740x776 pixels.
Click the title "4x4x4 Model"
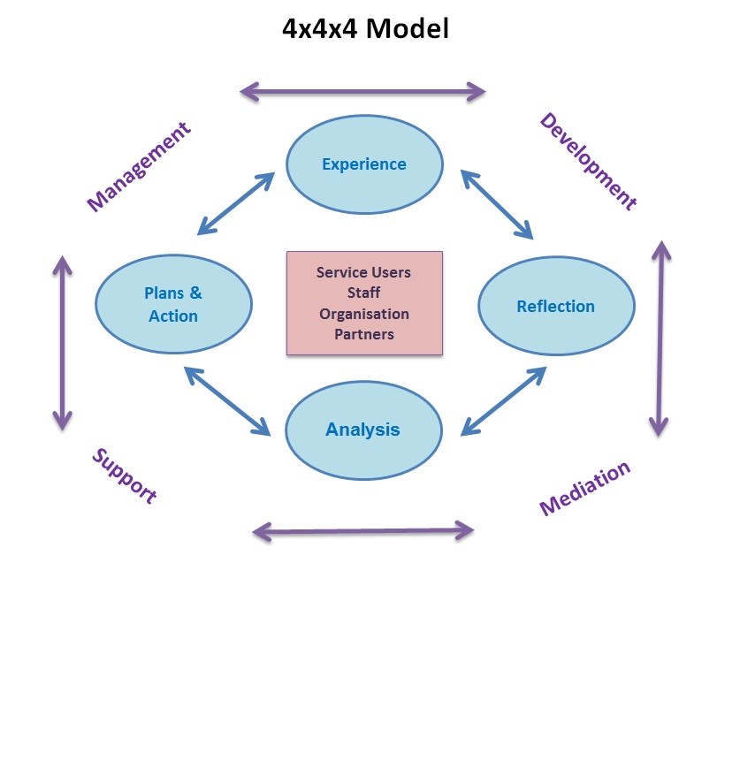365,29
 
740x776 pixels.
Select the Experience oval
364,164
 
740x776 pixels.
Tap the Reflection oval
556,307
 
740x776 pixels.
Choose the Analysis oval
363,430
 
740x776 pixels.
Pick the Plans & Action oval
173,304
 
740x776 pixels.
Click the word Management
139,167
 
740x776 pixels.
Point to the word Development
588,162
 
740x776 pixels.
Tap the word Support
125,475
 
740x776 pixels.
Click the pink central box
364,303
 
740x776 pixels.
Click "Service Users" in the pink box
364,272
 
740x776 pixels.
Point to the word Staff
364,293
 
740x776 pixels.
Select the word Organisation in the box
364,314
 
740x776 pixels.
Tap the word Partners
364,334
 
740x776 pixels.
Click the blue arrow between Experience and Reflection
497,205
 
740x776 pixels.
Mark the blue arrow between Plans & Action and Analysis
227,400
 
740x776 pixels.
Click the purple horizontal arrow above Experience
363,91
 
